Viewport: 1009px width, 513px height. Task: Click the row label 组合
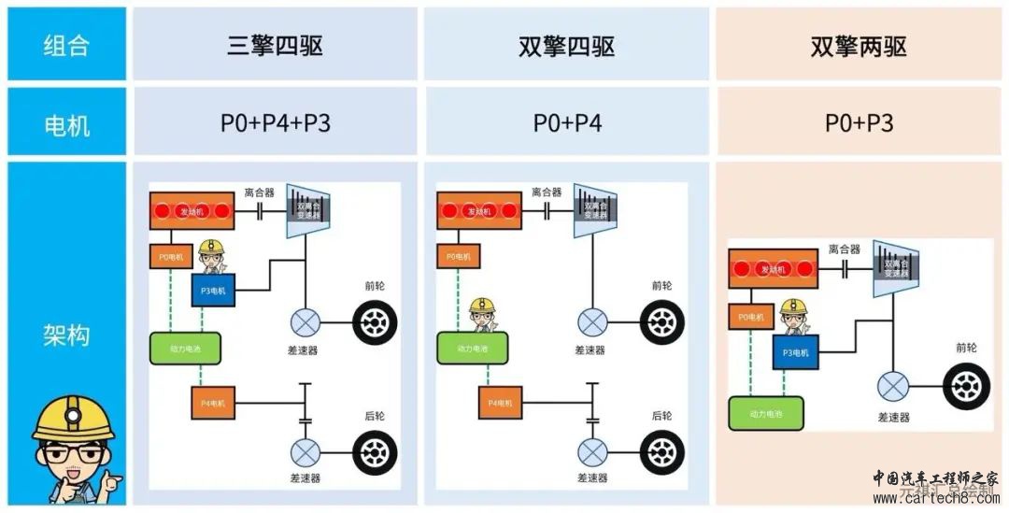coord(66,45)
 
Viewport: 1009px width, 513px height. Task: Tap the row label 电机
coord(66,122)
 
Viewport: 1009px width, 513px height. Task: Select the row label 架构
coord(66,335)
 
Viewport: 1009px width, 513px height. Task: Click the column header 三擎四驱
coord(275,46)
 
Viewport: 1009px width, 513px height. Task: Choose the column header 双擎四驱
coord(566,46)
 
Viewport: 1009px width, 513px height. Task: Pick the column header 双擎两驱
coord(859,46)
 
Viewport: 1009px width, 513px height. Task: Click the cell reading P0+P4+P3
coord(275,122)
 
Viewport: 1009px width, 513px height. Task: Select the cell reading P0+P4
coord(567,122)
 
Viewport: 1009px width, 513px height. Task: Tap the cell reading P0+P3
coord(859,122)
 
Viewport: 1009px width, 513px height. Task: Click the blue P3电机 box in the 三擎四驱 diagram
coord(215,291)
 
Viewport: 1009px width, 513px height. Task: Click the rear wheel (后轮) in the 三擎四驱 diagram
coord(374,452)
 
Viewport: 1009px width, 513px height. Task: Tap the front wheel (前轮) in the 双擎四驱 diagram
coord(661,323)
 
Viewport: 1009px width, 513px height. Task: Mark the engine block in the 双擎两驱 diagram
coord(771,269)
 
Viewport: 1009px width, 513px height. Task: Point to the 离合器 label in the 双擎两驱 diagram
coord(844,249)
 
